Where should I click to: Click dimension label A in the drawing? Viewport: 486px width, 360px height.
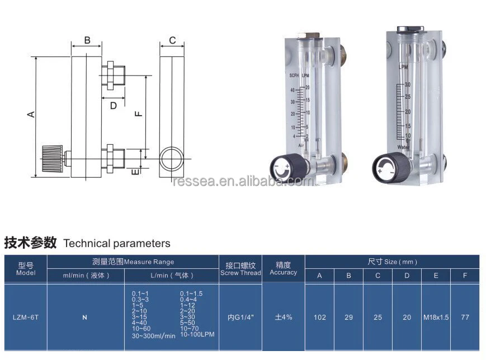tap(32, 114)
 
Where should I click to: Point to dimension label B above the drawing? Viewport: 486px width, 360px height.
tap(87, 40)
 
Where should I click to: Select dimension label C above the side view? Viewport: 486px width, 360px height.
tap(172, 40)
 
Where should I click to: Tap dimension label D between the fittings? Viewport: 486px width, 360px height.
tap(113, 106)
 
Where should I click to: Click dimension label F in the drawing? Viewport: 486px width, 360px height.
tap(139, 113)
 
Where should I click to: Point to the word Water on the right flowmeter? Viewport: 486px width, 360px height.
tap(404, 147)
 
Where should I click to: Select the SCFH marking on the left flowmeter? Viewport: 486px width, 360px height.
tap(294, 75)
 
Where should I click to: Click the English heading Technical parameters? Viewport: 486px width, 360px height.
tap(117, 243)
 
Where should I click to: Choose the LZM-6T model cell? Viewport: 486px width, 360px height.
tap(25, 317)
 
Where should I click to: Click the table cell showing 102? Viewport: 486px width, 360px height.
tap(319, 317)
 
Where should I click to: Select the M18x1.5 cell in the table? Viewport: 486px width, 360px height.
tap(436, 317)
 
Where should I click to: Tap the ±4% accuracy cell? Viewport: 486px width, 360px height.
tap(283, 317)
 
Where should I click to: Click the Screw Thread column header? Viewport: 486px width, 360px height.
tap(240, 269)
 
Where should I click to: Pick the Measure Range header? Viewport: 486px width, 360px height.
tap(133, 262)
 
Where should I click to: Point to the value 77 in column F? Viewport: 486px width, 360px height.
tap(465, 317)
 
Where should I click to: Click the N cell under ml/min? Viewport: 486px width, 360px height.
tap(84, 317)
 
